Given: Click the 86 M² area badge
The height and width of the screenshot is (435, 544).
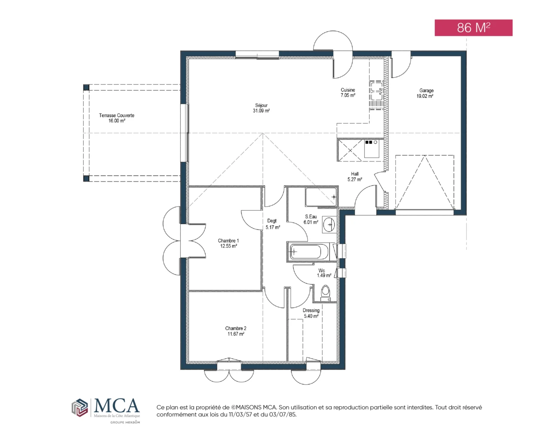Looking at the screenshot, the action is point(473,28).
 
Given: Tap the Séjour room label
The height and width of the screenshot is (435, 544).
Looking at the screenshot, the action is point(261,108).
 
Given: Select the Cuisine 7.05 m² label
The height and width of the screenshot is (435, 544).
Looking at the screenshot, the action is point(348,93).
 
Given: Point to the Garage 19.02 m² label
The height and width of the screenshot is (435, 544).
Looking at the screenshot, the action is point(425,93).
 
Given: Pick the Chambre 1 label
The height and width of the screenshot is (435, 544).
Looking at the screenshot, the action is point(228,243).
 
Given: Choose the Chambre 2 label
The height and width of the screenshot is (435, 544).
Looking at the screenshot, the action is point(235,331).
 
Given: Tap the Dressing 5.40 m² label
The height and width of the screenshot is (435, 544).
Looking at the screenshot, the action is point(311,313).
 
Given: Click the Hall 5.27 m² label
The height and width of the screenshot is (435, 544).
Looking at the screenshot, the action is point(354,177).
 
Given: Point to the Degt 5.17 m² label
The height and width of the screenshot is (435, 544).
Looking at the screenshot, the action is point(272,224).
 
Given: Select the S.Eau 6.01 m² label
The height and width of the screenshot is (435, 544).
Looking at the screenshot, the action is point(311,219).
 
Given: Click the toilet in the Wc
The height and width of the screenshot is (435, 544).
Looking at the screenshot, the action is point(326,293).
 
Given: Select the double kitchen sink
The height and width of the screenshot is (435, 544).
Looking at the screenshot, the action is point(376,95).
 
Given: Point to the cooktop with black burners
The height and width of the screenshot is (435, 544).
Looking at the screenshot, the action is point(371,148).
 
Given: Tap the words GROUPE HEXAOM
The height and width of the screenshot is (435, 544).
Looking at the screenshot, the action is point(125,422).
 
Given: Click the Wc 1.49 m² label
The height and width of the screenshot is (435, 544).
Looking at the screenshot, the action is point(324,273).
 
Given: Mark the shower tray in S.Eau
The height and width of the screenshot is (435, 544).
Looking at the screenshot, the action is point(321,197).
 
